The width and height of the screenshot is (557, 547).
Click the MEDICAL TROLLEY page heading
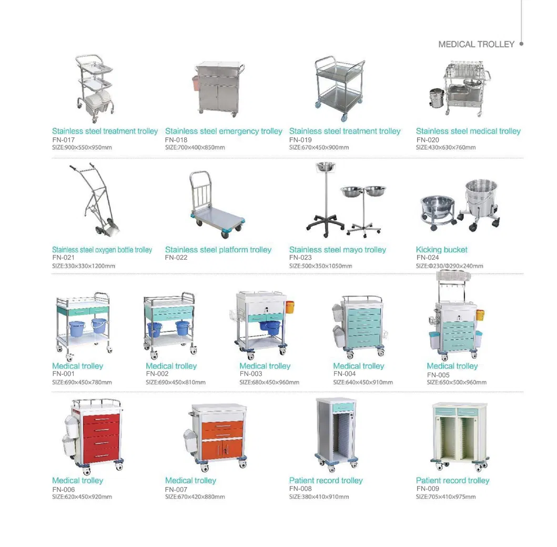click(x=476, y=44)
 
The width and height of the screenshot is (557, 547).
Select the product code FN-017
click(x=63, y=140)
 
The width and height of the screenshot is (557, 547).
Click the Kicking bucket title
click(x=442, y=250)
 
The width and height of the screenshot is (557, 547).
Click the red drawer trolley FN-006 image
click(x=93, y=437)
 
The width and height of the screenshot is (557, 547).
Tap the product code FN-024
click(x=428, y=258)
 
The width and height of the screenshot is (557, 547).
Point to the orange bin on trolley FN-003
click(x=290, y=307)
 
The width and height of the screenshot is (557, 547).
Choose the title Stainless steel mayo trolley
click(x=338, y=250)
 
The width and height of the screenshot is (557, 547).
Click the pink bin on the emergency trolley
click(x=196, y=83)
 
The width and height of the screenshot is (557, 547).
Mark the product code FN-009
click(x=428, y=489)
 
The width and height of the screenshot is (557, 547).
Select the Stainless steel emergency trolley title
click(x=224, y=131)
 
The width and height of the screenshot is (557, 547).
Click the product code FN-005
click(x=438, y=375)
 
